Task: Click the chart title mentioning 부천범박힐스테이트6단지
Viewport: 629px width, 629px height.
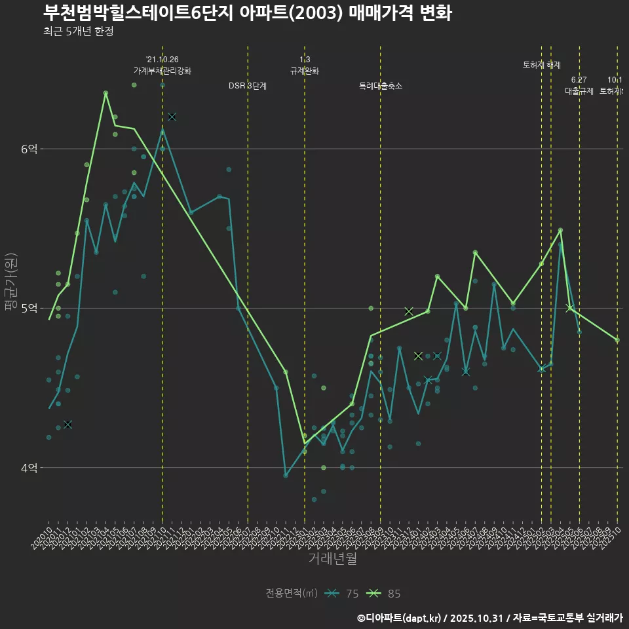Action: click(247, 13)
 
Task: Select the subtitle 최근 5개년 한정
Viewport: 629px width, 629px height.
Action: click(78, 31)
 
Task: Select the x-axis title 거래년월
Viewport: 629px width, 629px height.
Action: click(333, 559)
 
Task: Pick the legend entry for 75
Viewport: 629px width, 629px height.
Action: click(341, 594)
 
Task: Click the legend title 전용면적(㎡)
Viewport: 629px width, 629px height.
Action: click(292, 594)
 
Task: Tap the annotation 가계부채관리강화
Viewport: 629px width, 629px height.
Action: click(162, 71)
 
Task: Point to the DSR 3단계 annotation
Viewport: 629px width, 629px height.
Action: click(248, 86)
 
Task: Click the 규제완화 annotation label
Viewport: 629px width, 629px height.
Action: click(305, 71)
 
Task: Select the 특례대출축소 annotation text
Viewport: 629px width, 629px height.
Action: click(381, 86)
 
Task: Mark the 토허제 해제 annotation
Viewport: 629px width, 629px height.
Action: click(542, 65)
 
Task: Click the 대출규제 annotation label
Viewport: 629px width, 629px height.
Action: click(579, 91)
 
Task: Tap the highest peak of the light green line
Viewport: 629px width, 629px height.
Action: click(105, 92)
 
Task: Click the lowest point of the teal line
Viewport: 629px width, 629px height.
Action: click(286, 475)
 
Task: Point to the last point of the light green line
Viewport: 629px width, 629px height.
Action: click(617, 339)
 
